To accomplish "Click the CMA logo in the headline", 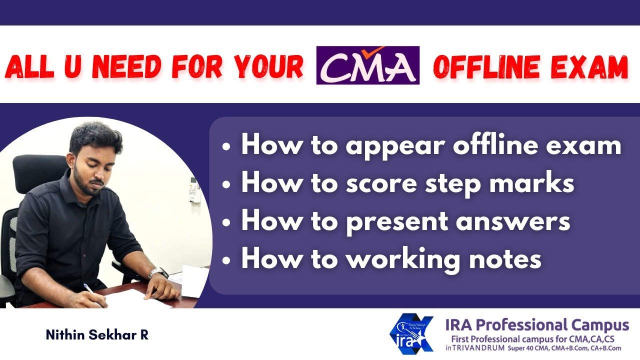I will [367, 65].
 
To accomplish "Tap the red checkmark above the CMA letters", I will [375, 51].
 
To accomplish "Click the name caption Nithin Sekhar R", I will [97, 335].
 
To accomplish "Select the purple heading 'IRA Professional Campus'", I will [537, 325].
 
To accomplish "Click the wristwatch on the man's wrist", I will [156, 273].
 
